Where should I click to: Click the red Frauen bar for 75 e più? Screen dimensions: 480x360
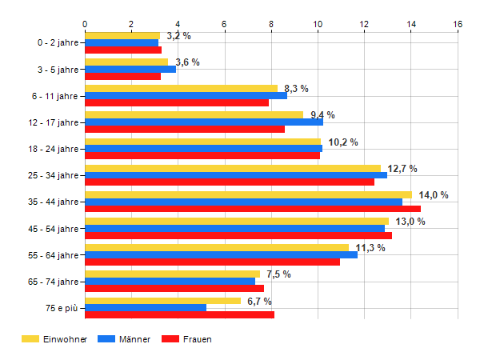(x=180, y=315)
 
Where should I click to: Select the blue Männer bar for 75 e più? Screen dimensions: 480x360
(x=146, y=308)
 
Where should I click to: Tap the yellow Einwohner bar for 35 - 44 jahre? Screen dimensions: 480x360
(x=249, y=195)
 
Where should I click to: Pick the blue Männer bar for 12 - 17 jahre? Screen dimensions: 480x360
(x=204, y=122)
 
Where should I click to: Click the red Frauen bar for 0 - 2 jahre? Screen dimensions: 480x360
(x=123, y=50)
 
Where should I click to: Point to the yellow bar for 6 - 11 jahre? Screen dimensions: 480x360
(x=182, y=89)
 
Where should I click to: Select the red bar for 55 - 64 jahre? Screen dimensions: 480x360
(x=213, y=262)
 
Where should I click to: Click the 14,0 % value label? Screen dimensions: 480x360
(x=434, y=195)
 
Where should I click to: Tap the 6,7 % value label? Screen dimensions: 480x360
(x=259, y=302)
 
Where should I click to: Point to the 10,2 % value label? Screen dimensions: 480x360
(x=343, y=142)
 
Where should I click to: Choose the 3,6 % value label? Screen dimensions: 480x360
(x=187, y=62)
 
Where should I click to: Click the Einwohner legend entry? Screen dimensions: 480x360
(x=54, y=339)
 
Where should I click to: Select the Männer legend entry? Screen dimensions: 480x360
(x=124, y=339)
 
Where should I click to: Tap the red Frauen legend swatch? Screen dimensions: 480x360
(x=170, y=339)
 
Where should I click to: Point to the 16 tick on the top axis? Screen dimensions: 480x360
(x=458, y=24)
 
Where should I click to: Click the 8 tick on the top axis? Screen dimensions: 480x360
(x=271, y=24)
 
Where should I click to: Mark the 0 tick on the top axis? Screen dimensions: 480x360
(x=85, y=24)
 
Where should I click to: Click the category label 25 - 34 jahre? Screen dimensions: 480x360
(x=54, y=175)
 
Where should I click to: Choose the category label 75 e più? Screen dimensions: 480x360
(x=62, y=308)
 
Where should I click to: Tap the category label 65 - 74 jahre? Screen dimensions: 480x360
(x=54, y=282)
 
